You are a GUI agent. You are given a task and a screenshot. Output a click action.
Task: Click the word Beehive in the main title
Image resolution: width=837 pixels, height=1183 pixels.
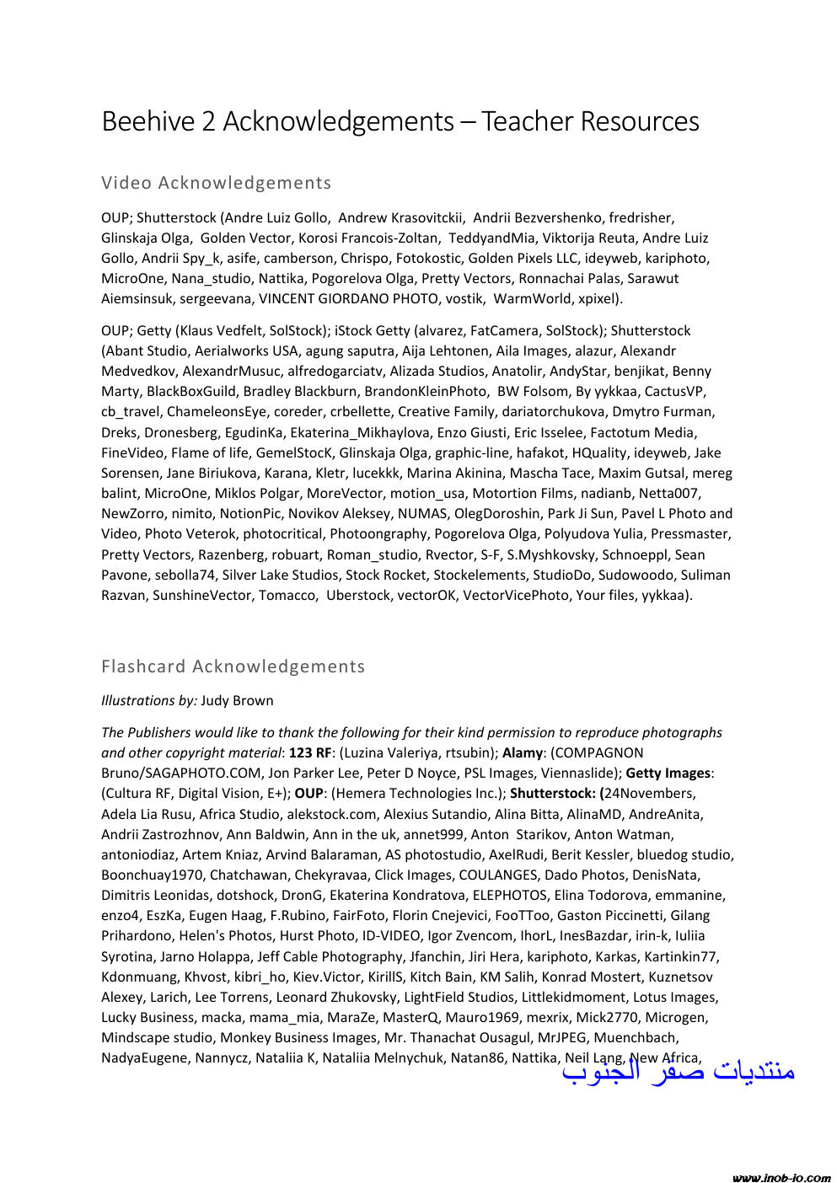click(148, 122)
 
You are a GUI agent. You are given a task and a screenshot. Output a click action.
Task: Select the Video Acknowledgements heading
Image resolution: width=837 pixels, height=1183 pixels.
click(216, 183)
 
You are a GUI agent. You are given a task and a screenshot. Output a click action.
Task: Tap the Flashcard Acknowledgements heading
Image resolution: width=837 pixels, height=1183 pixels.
click(233, 666)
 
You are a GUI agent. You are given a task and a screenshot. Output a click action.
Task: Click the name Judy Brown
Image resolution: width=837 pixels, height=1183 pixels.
click(237, 700)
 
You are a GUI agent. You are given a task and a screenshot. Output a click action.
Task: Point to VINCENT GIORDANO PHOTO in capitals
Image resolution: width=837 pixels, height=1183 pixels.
click(348, 298)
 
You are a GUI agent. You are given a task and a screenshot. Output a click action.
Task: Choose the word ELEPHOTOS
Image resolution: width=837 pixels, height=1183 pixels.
click(509, 895)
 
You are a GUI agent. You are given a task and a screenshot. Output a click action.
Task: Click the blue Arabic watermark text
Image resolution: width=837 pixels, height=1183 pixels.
click(679, 1072)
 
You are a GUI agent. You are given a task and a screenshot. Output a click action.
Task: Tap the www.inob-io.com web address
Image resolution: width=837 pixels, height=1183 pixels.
click(781, 1177)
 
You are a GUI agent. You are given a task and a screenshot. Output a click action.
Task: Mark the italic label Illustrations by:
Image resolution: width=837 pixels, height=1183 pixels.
click(148, 700)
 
